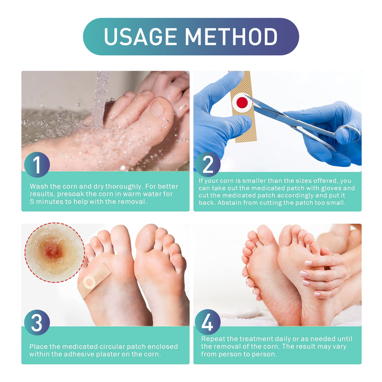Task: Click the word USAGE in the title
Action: point(140,37)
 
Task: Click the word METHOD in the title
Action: point(231,37)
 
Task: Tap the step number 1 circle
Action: point(37,164)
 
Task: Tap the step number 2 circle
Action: point(208,164)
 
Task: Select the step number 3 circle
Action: point(37,322)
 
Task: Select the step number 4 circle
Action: point(208,322)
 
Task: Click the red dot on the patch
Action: point(242,102)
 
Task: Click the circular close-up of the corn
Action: point(54,253)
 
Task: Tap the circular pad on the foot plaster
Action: point(89,282)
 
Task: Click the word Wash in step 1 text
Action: point(38,186)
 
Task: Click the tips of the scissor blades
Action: point(245,96)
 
